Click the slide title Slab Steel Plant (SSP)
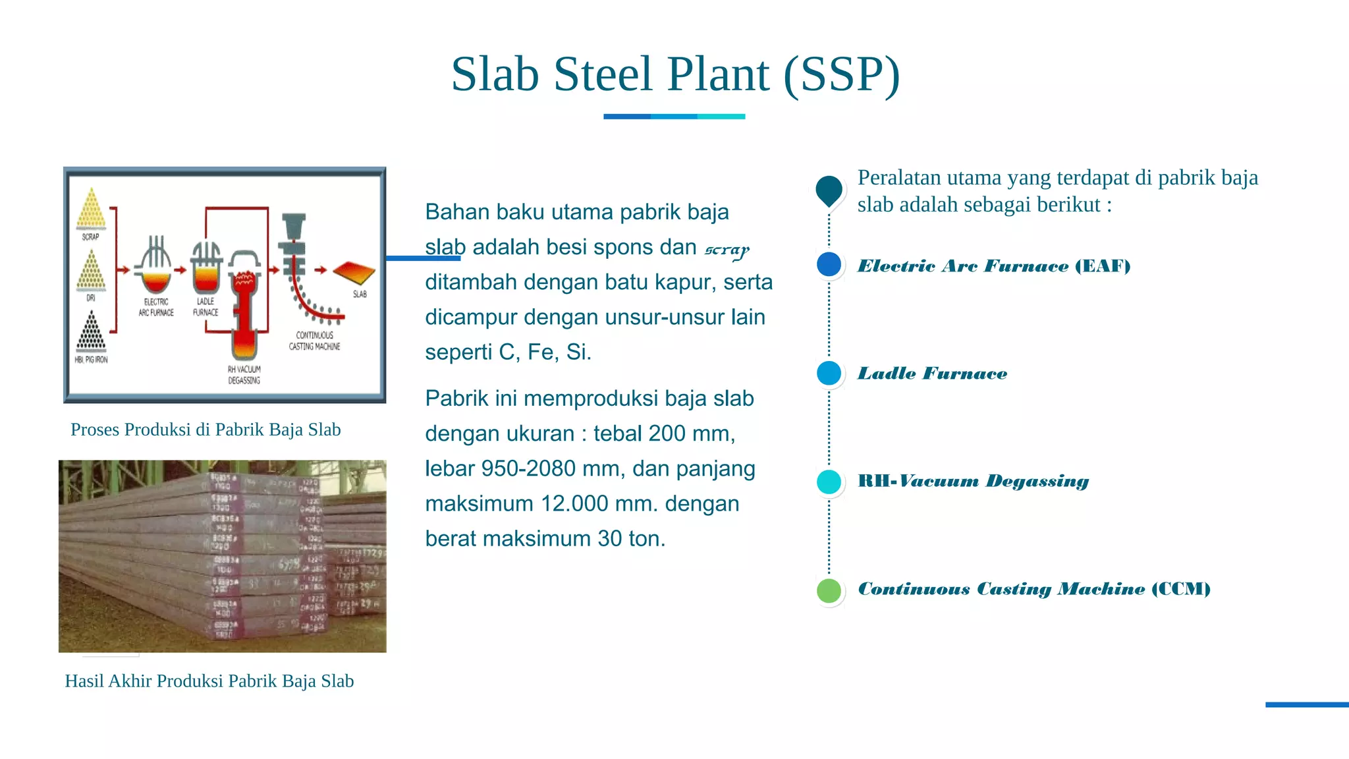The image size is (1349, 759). [x=675, y=74]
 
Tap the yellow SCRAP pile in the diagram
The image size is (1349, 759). [x=91, y=210]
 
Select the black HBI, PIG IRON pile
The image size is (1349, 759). [x=91, y=332]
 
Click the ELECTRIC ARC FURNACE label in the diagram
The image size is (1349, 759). [x=156, y=307]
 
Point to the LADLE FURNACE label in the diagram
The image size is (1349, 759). [x=206, y=306]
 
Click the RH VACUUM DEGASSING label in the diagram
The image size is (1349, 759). [x=244, y=375]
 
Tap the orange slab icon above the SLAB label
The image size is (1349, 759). [x=354, y=272]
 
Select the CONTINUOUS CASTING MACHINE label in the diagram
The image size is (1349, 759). [x=314, y=341]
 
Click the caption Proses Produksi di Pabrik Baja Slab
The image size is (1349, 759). [x=206, y=430]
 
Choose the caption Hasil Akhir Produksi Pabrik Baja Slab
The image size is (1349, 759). [x=209, y=681]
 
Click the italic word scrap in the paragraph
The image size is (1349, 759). [x=727, y=249]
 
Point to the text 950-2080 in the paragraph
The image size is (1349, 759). [x=528, y=468]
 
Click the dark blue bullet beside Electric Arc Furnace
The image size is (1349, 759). [x=829, y=265]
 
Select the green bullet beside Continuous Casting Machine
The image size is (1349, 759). [x=829, y=590]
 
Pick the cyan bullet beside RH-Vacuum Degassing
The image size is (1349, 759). [x=829, y=482]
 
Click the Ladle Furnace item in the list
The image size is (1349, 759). [x=932, y=374]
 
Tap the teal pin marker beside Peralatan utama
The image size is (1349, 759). [x=829, y=190]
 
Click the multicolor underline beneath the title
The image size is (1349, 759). [x=674, y=117]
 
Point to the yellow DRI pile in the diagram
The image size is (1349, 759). [x=91, y=271]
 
